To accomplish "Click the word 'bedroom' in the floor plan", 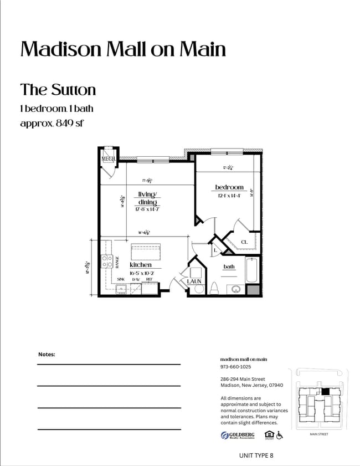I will (229, 187).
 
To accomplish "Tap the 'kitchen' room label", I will (141, 265).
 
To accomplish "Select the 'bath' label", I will (229, 267).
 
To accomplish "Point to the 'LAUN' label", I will (194, 281).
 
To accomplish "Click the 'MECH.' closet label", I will (108, 159).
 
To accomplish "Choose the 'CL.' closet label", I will (244, 242).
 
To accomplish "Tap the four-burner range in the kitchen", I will (107, 261).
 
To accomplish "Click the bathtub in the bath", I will (252, 270).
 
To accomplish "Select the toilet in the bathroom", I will (214, 288).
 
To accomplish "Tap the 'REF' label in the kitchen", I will (149, 279).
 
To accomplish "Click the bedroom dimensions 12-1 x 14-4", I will (229, 196).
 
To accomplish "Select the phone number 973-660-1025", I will (235, 367).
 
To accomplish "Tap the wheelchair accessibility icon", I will (280, 435).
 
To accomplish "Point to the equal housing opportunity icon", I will (269, 435).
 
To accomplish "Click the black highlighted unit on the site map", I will (325, 391).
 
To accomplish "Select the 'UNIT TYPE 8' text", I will (255, 455).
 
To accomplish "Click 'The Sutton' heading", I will (58, 90).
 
